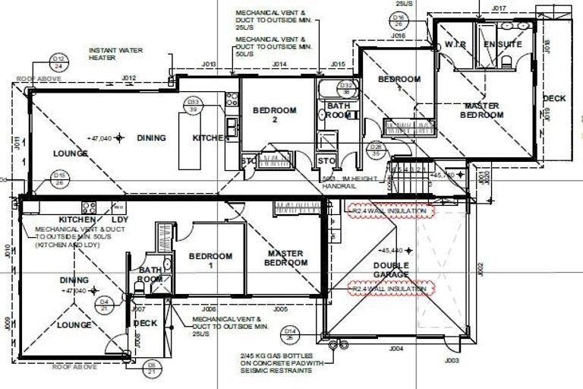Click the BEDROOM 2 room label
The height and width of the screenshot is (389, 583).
(274, 115)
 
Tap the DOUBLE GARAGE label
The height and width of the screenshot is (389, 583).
(390, 270)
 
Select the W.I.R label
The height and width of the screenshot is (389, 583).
(455, 45)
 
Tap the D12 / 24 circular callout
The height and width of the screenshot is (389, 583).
(58, 62)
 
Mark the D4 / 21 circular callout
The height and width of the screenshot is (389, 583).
(104, 305)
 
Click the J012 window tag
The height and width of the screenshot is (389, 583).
(128, 77)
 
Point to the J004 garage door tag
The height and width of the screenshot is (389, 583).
(396, 349)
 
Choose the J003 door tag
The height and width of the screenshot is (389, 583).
(452, 361)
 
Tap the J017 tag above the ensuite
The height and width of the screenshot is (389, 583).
(498, 8)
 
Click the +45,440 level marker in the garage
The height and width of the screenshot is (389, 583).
(393, 249)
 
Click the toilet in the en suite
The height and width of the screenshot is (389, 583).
(507, 67)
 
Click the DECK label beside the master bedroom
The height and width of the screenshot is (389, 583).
(554, 99)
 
